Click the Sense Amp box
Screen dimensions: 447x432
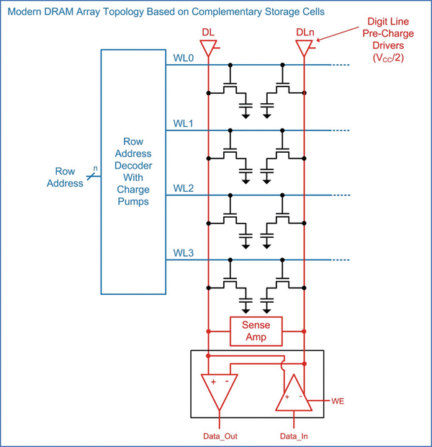pyautogui.click(x=256, y=331)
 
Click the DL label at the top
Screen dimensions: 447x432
pyautogui.click(x=208, y=33)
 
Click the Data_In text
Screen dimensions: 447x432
pyautogui.click(x=294, y=437)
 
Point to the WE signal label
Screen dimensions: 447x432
pyautogui.click(x=338, y=399)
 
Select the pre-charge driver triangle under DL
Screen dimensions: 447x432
pyautogui.click(x=208, y=48)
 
